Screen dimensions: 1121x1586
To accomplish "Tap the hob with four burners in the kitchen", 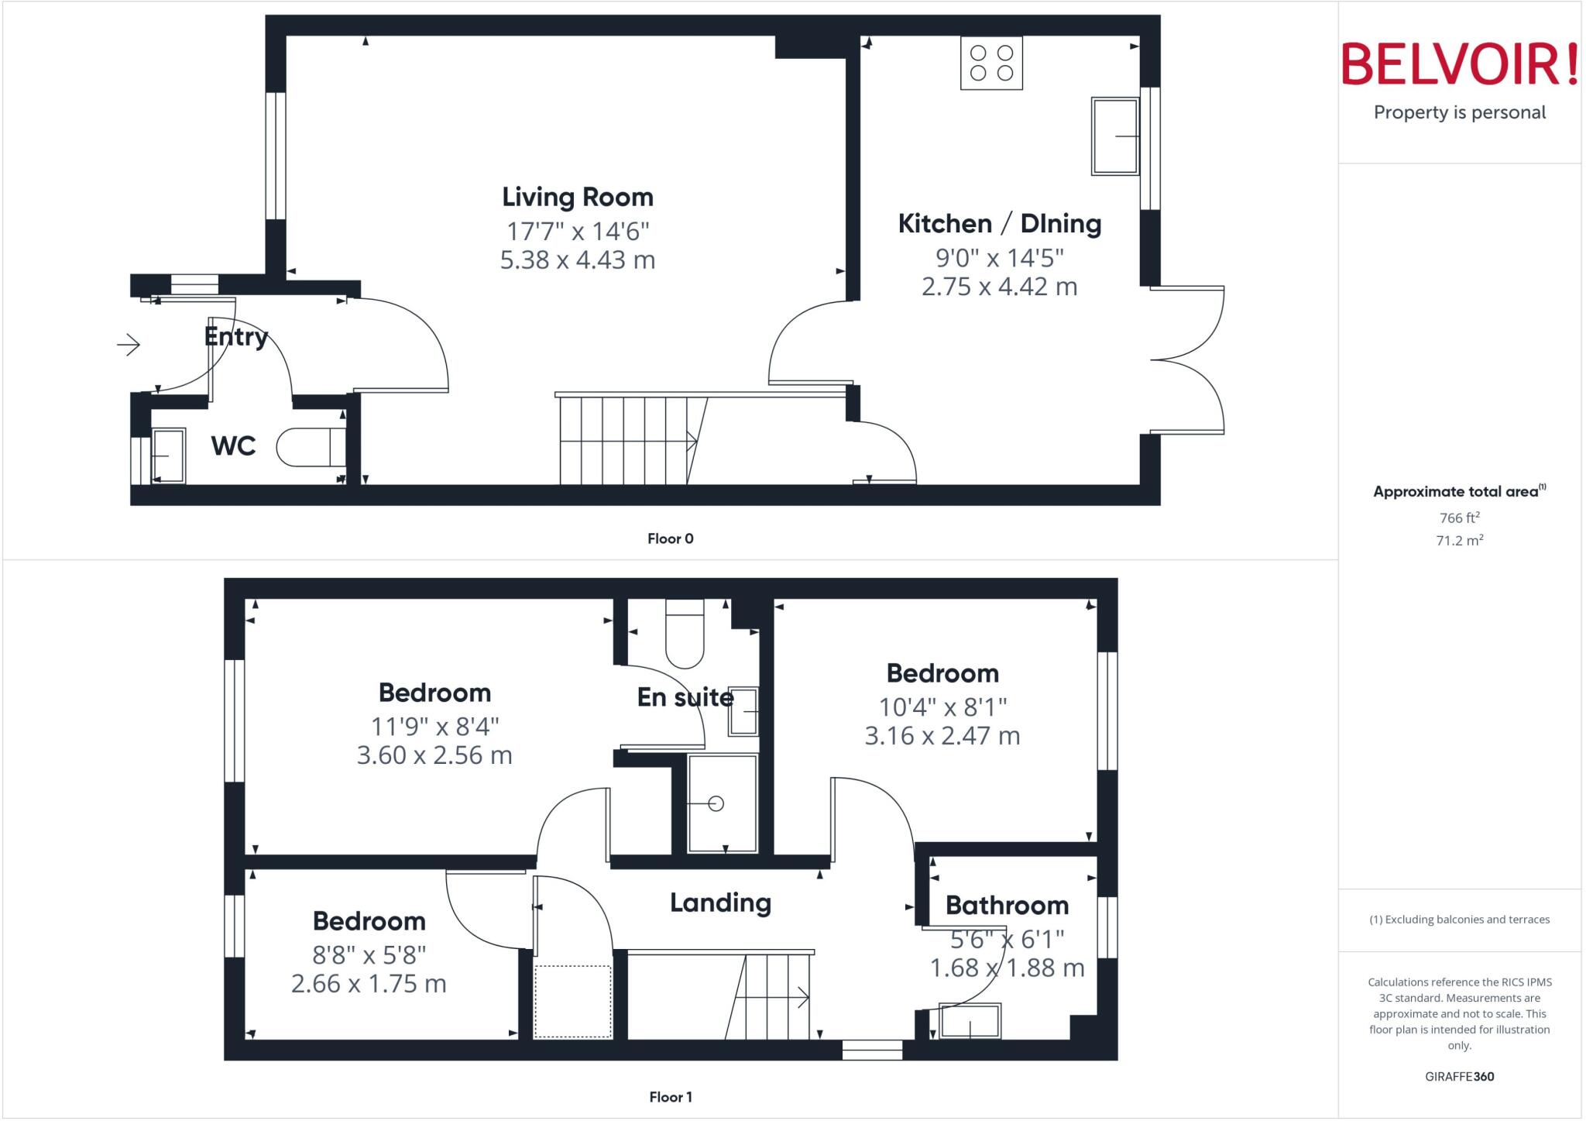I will (991, 64).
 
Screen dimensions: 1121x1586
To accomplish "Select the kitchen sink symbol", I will (1115, 136).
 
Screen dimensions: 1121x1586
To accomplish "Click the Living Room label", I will (578, 197).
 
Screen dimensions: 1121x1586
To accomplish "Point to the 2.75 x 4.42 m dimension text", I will (999, 287).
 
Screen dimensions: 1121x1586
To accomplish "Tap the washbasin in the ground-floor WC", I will (168, 456).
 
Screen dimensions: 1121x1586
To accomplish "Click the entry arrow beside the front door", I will (129, 344).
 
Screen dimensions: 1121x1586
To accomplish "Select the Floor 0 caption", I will (671, 538).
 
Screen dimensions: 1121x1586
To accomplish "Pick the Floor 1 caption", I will (671, 1097).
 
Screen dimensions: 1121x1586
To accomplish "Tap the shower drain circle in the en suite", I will (716, 803).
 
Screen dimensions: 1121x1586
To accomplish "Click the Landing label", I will (720, 903).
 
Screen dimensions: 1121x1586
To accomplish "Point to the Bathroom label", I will (1007, 905).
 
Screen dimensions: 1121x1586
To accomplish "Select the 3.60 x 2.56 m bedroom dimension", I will (434, 755).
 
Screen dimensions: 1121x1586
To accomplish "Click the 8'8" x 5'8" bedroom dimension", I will (369, 954).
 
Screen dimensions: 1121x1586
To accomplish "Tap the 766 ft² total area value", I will (1459, 518).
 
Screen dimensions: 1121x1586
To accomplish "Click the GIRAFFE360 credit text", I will (1459, 1076).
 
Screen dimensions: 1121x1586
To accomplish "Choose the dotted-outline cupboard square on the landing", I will (573, 1001).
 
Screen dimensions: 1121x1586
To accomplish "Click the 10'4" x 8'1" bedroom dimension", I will (942, 707).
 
